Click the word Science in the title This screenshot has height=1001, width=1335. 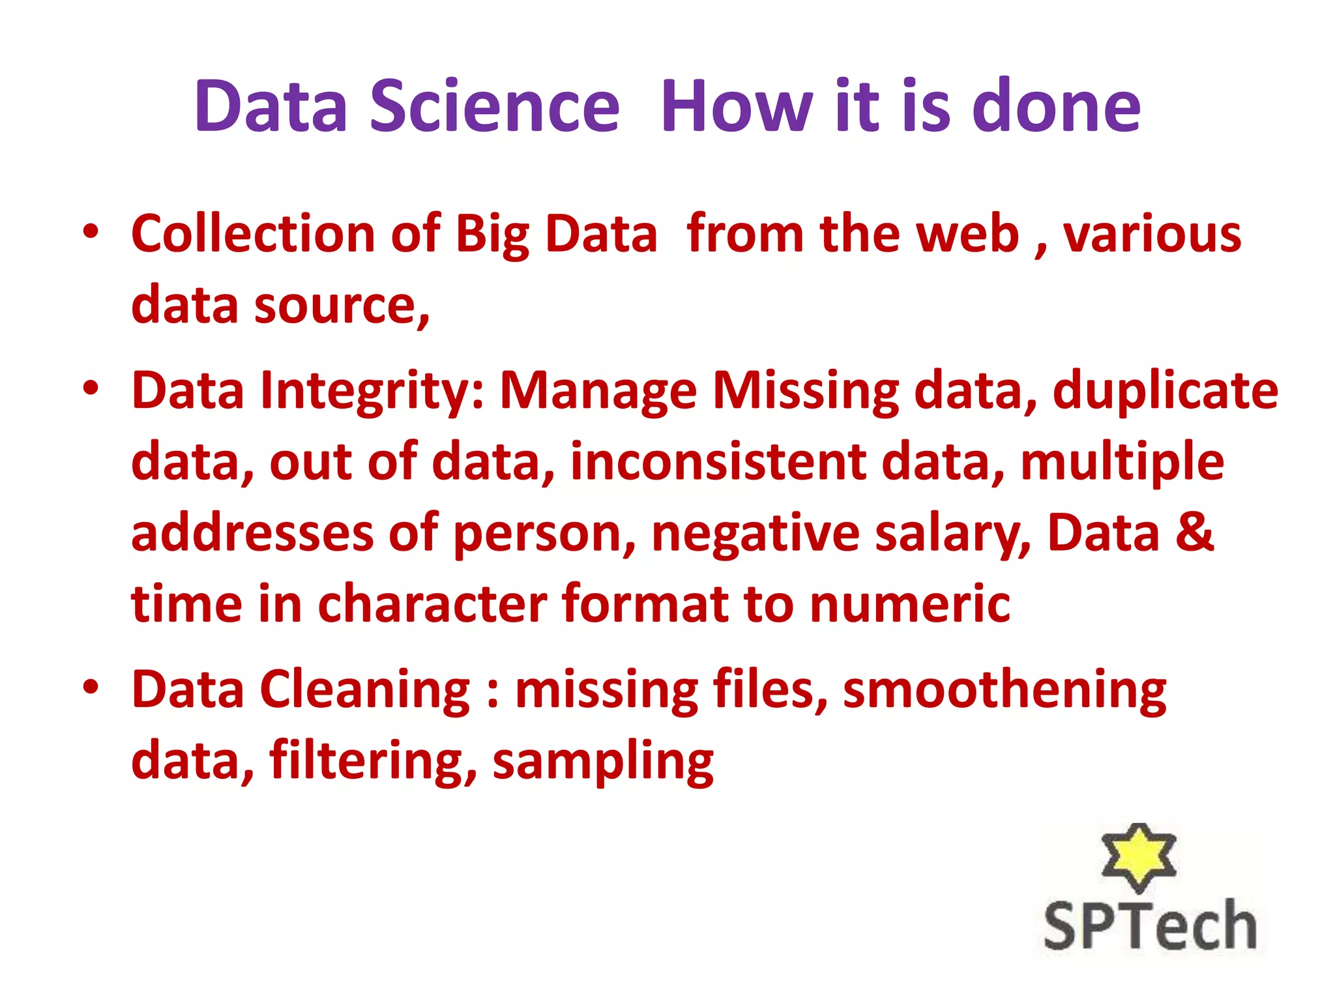(495, 106)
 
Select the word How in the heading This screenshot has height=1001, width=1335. (737, 106)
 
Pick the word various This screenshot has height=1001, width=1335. (1152, 234)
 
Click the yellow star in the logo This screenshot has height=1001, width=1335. (1138, 855)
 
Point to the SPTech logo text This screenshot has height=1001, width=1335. (1150, 925)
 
